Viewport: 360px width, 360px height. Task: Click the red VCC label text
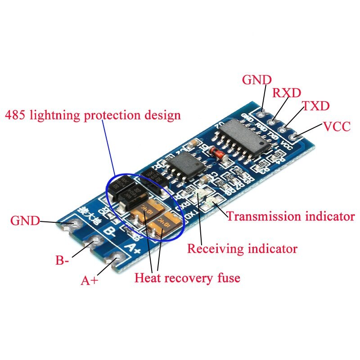pyautogui.click(x=337, y=126)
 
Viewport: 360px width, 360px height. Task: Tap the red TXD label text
pyautogui.click(x=315, y=107)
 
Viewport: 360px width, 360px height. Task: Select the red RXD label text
pyautogui.click(x=287, y=93)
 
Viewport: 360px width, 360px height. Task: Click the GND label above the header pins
pyautogui.click(x=257, y=80)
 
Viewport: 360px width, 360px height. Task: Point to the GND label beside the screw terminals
pyautogui.click(x=25, y=221)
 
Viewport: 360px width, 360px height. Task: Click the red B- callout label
pyautogui.click(x=62, y=261)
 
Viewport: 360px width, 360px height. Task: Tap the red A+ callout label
pyautogui.click(x=89, y=281)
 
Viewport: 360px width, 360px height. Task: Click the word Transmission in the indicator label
pyautogui.click(x=259, y=216)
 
